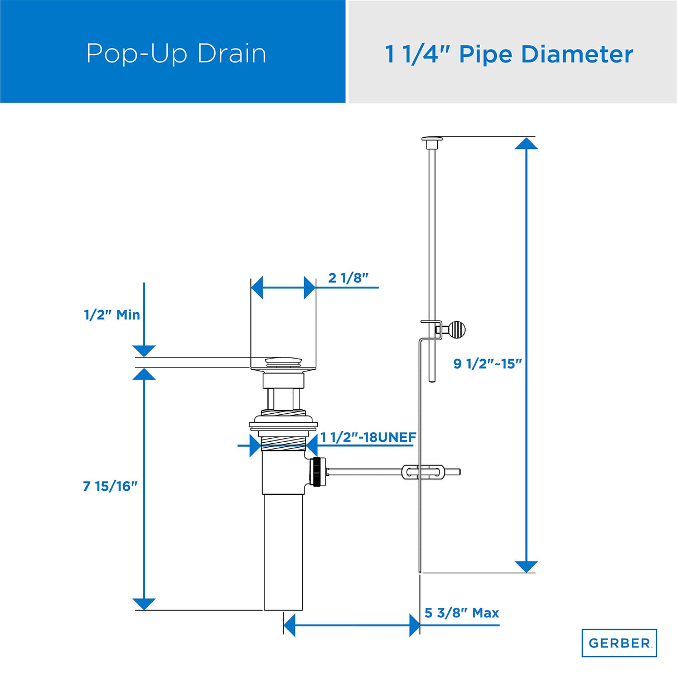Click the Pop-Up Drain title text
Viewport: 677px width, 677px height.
[x=176, y=54]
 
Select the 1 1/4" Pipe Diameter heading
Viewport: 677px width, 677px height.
[x=509, y=55]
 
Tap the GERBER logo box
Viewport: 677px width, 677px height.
[x=619, y=643]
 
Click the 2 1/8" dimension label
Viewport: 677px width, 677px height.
[x=349, y=278]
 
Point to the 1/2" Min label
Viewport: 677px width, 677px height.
[x=112, y=315]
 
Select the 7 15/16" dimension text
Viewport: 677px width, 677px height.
[x=110, y=486]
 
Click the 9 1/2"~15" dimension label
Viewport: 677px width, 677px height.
[x=487, y=364]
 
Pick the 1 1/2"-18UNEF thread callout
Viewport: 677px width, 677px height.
[x=368, y=437]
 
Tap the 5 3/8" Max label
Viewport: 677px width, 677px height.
[x=462, y=613]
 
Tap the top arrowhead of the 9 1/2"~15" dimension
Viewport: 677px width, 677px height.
[x=526, y=143]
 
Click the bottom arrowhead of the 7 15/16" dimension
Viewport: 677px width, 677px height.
[x=144, y=604]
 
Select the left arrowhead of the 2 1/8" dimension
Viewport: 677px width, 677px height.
[x=257, y=288]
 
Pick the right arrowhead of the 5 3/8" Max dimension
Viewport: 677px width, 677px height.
[x=414, y=626]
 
